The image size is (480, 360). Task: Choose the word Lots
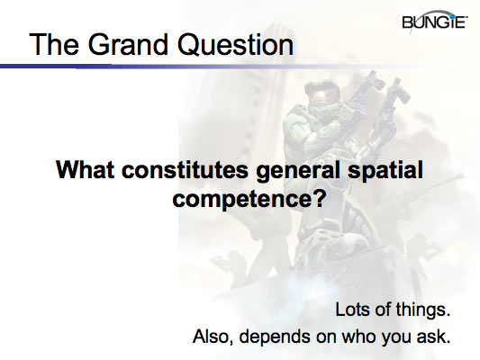point(353,310)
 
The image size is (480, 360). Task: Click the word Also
point(213,338)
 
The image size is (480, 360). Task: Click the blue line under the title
point(135,66)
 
